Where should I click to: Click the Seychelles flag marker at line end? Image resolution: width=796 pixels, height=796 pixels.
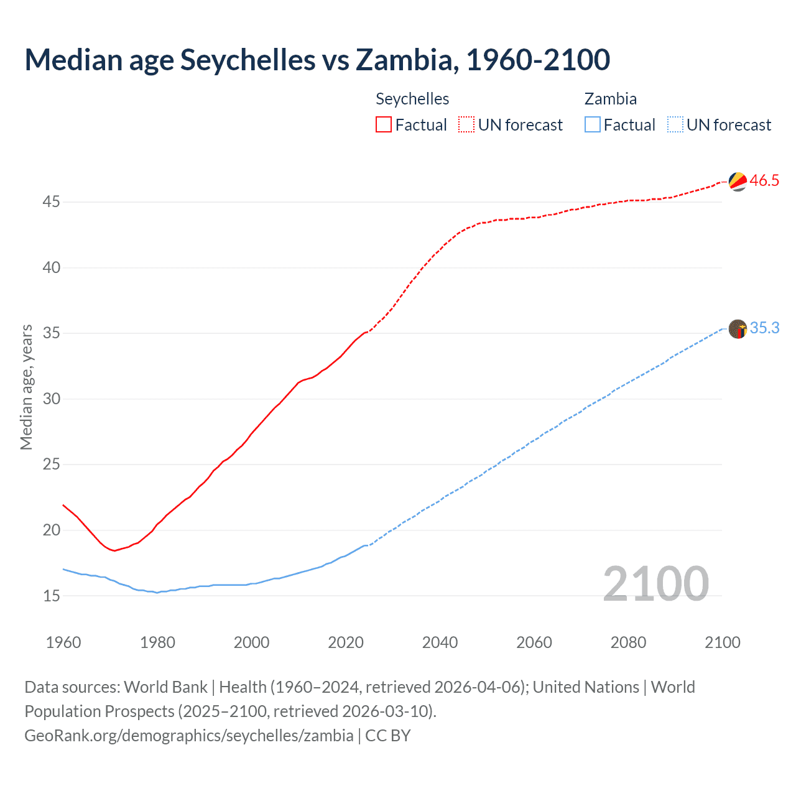click(738, 181)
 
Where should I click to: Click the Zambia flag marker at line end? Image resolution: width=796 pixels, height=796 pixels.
click(738, 328)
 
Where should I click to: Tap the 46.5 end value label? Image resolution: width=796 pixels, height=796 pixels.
click(764, 181)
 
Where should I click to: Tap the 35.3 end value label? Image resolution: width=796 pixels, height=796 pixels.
click(764, 328)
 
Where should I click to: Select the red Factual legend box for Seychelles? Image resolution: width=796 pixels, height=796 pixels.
click(384, 125)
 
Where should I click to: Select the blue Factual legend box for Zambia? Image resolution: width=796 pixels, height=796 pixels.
click(593, 125)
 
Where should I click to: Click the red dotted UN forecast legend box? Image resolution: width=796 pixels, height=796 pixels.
click(466, 125)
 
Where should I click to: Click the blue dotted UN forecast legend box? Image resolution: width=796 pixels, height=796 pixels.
click(675, 125)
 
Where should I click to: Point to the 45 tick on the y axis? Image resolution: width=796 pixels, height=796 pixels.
click(52, 202)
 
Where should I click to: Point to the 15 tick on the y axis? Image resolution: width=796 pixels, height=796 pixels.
click(52, 596)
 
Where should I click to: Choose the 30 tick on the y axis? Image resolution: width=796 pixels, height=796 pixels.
click(52, 399)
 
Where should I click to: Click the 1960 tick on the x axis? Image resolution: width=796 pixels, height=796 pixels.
click(63, 642)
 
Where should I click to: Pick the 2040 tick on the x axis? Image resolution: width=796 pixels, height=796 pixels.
click(440, 642)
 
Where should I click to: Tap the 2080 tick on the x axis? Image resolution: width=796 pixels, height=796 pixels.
click(628, 642)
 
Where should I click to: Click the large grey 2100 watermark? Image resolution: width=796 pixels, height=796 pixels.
click(655, 583)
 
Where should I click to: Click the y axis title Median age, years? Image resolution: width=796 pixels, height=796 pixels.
click(26, 387)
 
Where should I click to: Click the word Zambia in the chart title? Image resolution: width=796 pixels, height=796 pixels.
click(407, 60)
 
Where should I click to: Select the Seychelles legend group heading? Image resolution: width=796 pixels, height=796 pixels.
click(412, 99)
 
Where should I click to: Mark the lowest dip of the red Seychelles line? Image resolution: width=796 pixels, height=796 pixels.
click(114, 550)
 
